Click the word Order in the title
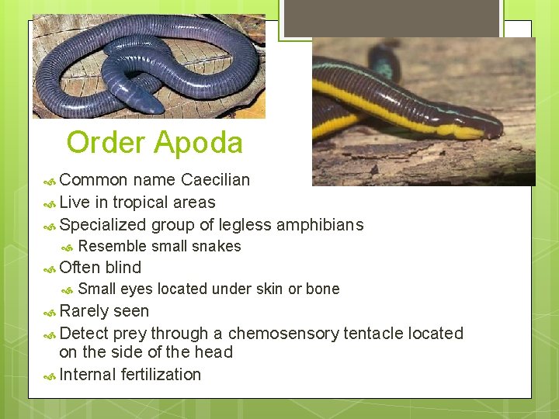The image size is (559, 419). tap(106, 144)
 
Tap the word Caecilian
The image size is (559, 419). tap(215, 180)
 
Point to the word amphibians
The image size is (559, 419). tap(319, 225)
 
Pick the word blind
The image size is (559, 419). tap(123, 268)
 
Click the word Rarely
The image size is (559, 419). tap(83, 311)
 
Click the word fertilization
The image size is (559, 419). tap(161, 375)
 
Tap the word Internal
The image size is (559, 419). tap(88, 375)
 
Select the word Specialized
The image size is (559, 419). tap(102, 225)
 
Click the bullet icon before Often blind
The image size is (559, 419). tap(49, 268)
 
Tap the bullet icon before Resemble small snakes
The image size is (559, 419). tap(68, 248)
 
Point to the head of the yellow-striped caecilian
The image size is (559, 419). tap(484, 128)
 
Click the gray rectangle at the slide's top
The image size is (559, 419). tap(391, 17)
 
